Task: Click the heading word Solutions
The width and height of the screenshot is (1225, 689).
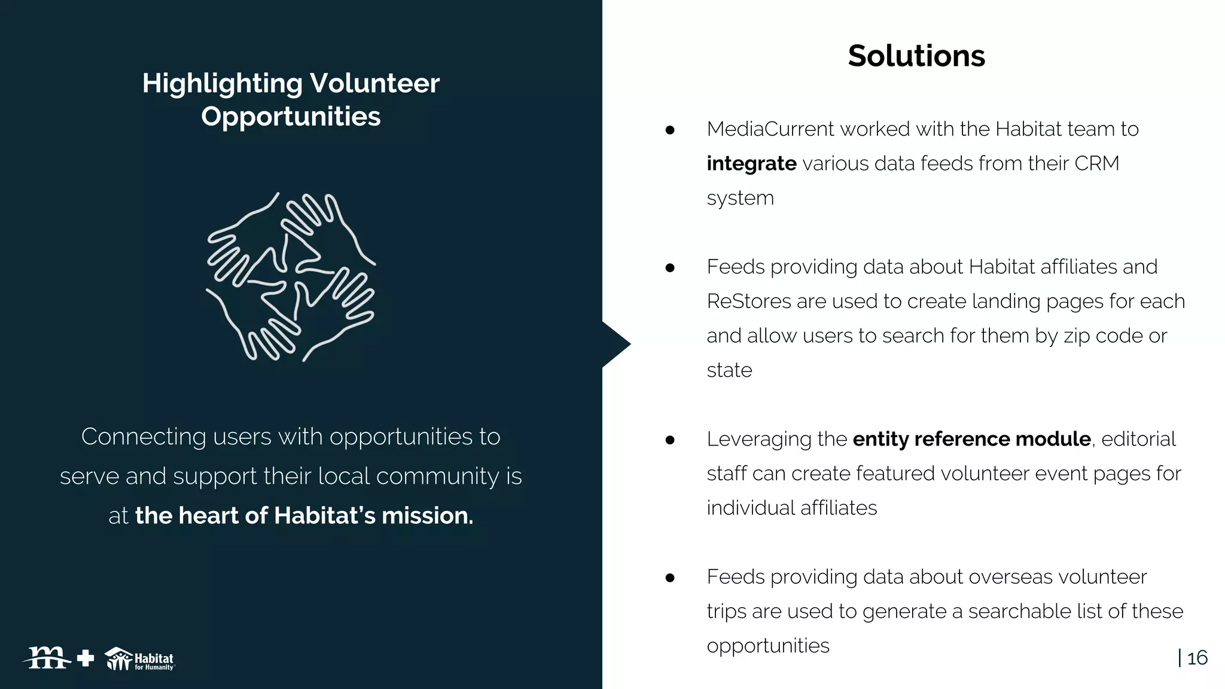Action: (x=916, y=56)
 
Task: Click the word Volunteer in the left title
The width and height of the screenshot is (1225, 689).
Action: (x=374, y=83)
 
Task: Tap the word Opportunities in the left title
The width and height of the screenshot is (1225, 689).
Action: (x=291, y=117)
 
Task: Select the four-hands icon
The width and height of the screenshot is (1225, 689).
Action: (x=291, y=276)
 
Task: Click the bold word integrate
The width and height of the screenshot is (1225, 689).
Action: (x=751, y=163)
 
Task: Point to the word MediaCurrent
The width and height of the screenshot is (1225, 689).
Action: (x=770, y=129)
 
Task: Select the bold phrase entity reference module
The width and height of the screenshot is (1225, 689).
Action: (x=971, y=439)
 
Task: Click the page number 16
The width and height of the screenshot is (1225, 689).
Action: (x=1197, y=658)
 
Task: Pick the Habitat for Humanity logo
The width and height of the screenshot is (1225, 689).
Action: (x=140, y=659)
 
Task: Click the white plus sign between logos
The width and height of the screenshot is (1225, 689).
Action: (x=86, y=658)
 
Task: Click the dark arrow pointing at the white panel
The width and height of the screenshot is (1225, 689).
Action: (x=615, y=344)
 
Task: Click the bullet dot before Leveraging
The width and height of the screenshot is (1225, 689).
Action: (x=670, y=440)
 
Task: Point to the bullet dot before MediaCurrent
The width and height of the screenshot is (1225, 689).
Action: (x=670, y=130)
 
